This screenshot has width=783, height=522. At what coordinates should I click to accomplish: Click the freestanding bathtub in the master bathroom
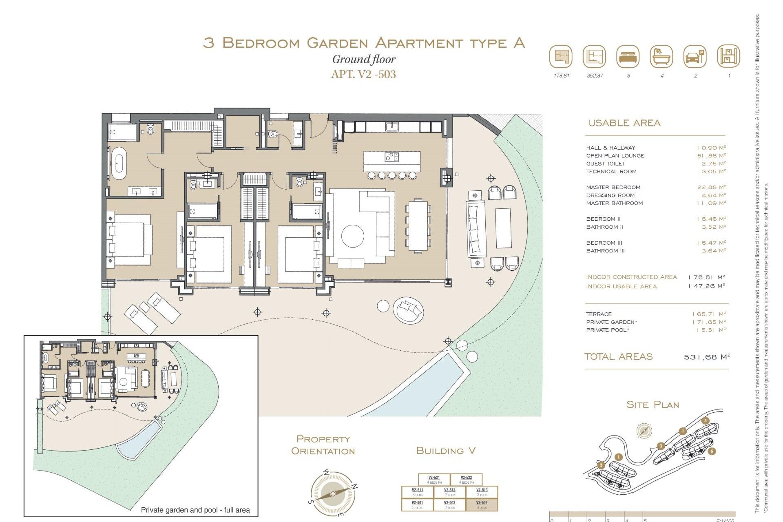pos(119,164)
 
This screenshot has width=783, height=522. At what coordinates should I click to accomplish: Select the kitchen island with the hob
pos(392,161)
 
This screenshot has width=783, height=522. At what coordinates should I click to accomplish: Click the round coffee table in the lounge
pos(352,236)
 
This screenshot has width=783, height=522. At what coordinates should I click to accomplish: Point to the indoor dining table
pos(418,226)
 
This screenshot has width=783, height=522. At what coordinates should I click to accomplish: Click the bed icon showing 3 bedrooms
pos(628,57)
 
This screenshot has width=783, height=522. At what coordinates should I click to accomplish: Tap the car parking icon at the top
pos(695,57)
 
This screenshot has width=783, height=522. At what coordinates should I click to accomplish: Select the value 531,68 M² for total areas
pos(706,357)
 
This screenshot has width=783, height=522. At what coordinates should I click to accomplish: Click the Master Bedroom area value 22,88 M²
pos(711,187)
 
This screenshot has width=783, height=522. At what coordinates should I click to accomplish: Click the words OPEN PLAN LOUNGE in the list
pos(615,156)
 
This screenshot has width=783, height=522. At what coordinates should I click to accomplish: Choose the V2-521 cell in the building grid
pos(434,479)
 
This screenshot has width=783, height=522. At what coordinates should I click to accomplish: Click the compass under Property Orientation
pos(333,493)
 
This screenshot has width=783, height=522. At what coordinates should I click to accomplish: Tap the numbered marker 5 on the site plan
pos(706,421)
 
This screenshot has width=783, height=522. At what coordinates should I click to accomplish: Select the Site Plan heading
pos(652,405)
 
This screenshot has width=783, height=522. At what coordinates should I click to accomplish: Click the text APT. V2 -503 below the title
pos(363,74)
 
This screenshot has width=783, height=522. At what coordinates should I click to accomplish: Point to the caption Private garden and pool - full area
pos(195,510)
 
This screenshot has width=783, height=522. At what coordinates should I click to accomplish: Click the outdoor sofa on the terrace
pos(476,229)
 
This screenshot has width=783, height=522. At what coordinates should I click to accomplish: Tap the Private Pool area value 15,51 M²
pos(711,330)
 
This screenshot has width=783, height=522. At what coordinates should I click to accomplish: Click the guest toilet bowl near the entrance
pos(273,133)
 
